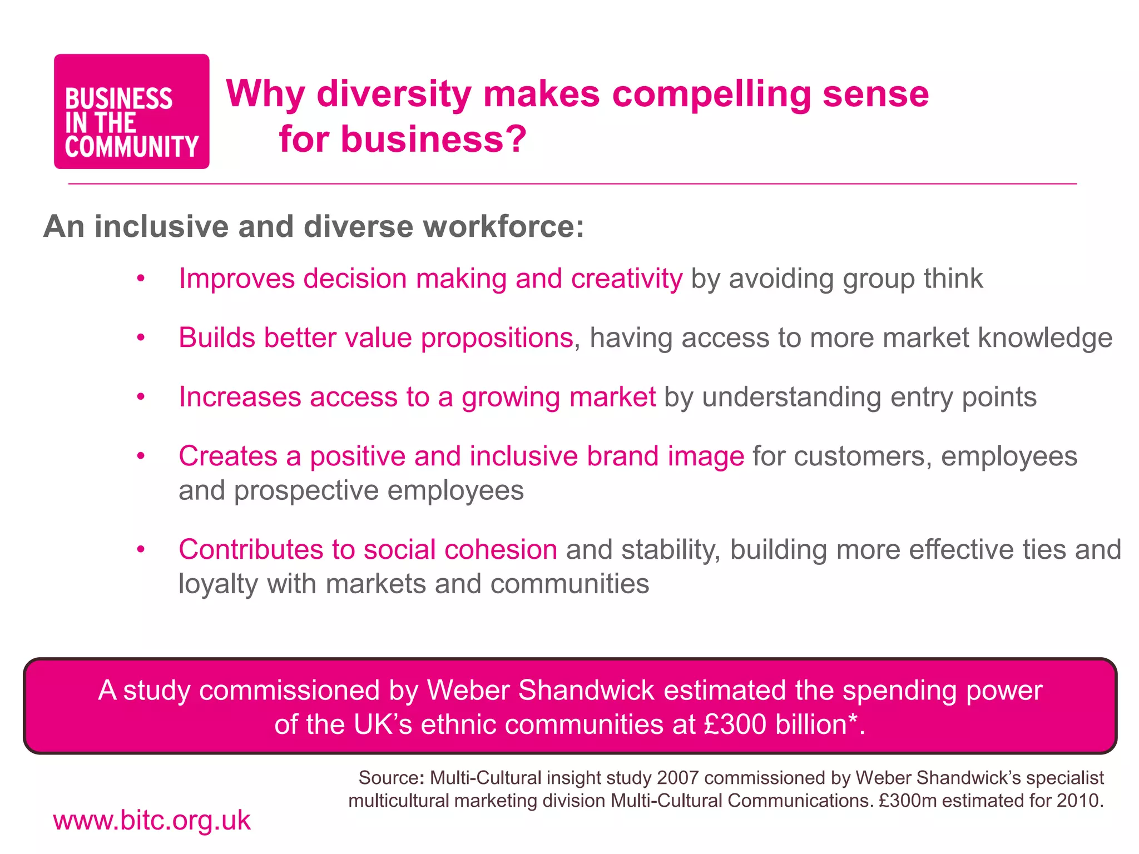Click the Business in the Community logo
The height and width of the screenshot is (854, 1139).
[131, 111]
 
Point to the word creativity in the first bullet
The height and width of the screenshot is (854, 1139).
[627, 279]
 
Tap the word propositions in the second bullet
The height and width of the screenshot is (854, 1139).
[497, 338]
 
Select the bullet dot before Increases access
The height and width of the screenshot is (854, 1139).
[141, 397]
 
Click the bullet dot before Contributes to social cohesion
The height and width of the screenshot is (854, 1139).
[141, 549]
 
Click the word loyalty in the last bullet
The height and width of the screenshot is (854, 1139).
[218, 584]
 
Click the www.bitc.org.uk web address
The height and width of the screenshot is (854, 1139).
[152, 821]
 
